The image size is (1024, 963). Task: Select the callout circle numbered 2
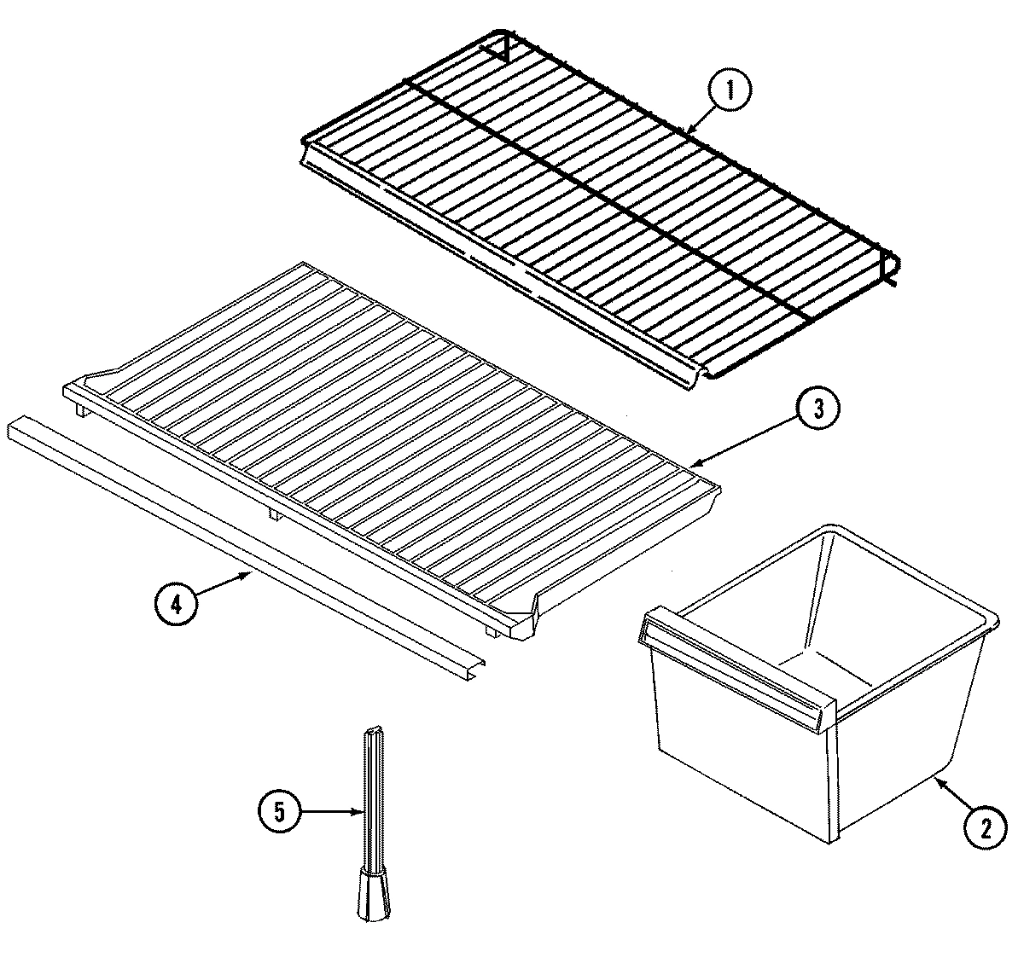pos(986,827)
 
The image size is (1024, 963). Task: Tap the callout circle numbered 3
pos(818,409)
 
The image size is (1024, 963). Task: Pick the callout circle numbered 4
pos(176,604)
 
